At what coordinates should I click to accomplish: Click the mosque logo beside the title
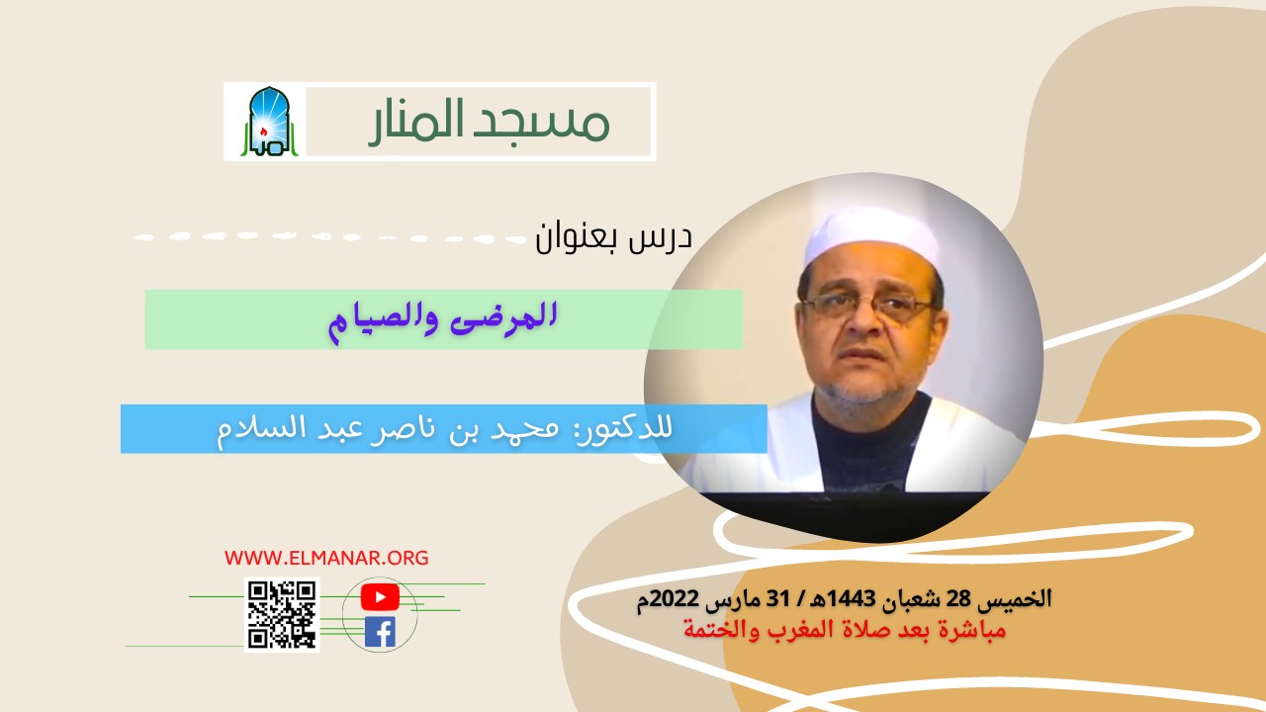coord(264,122)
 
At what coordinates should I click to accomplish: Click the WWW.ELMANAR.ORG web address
coord(326,558)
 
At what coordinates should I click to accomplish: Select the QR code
coord(282,615)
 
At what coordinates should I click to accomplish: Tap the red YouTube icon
coord(380,597)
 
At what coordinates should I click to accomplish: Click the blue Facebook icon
coord(380,632)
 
